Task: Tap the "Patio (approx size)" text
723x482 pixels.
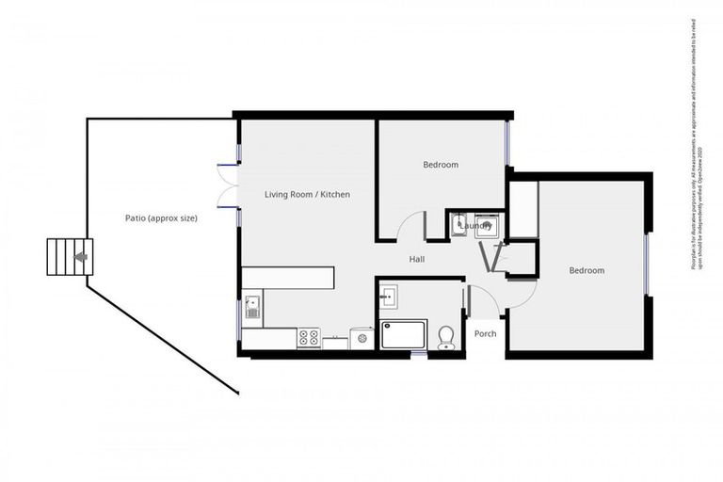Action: click(161, 218)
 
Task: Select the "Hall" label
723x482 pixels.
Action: click(418, 259)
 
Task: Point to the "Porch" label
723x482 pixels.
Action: click(485, 333)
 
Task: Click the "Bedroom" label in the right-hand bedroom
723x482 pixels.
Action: click(586, 270)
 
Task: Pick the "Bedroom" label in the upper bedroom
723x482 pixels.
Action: click(440, 165)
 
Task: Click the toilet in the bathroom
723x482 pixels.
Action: click(446, 337)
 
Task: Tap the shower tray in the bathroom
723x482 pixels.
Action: click(404, 335)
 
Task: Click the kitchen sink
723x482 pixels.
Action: click(252, 308)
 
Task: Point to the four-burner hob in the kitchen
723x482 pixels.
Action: click(309, 337)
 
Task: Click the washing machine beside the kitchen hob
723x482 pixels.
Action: click(361, 338)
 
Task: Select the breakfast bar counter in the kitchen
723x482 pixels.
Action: click(288, 278)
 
